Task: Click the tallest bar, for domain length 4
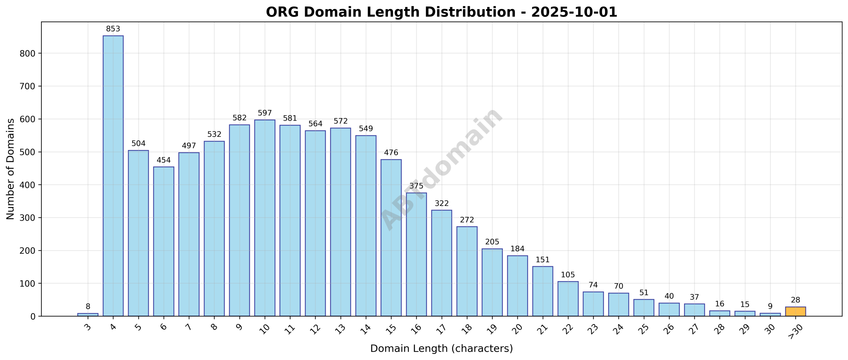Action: coord(113,176)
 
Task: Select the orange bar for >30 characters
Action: coord(795,312)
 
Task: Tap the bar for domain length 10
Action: coord(265,218)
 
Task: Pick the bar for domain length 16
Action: coord(416,254)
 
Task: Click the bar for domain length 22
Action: coord(568,299)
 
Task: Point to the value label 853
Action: coord(113,29)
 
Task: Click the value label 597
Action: coord(265,113)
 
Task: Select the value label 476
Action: coord(391,153)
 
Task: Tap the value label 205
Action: coord(492,242)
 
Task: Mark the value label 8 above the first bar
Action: coord(88,307)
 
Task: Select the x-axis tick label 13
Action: coord(340,329)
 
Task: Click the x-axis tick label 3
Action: coord(87,327)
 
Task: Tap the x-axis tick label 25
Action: coord(643,329)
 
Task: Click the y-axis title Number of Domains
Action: coord(11,169)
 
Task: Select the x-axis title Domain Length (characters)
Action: coord(441,349)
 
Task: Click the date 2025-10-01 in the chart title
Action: coord(574,12)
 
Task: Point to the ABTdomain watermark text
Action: coord(442,169)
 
